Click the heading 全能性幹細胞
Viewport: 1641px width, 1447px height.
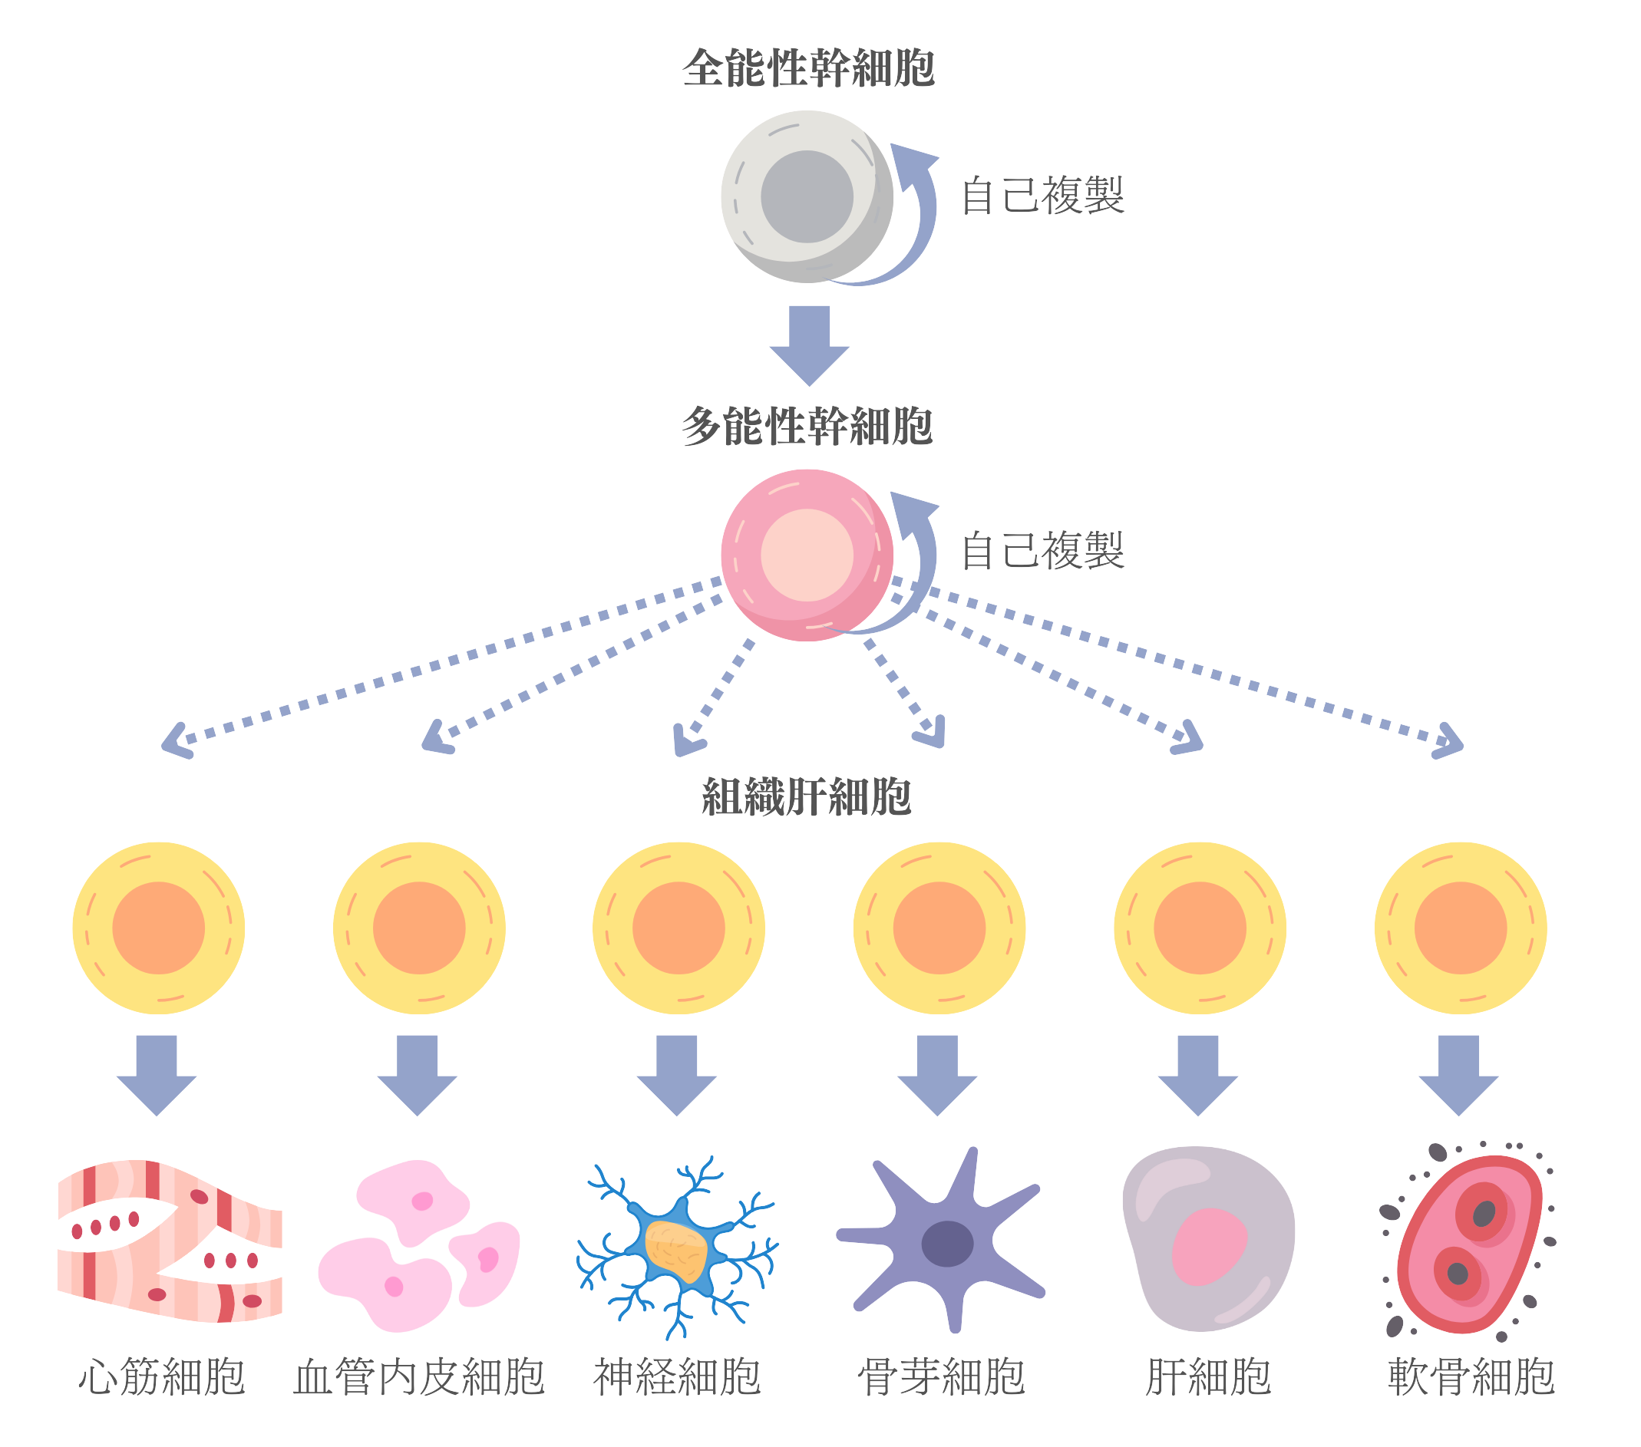tap(808, 68)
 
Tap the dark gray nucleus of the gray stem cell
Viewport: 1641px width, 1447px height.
tap(807, 196)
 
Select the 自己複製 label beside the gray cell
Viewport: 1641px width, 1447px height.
tap(1043, 195)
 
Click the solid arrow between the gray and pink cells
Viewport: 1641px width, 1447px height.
tap(809, 345)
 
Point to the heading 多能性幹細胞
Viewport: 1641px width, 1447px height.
tap(807, 425)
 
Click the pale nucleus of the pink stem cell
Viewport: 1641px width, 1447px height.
tap(807, 555)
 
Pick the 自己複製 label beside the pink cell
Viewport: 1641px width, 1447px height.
tap(1043, 551)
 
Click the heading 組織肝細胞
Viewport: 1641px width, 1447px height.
tap(807, 797)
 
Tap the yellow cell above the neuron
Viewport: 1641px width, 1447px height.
tap(679, 928)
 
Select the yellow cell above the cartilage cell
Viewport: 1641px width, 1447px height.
tap(1461, 928)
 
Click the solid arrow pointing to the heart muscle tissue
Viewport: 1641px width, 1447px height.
tap(157, 1076)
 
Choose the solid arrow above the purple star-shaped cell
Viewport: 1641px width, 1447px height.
tap(937, 1076)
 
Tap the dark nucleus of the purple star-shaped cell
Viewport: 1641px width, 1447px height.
tap(947, 1243)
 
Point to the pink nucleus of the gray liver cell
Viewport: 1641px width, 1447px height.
tap(1209, 1248)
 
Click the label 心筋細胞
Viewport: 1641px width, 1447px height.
tap(161, 1377)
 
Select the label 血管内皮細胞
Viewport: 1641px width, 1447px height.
tap(419, 1377)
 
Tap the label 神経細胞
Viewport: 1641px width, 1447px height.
tap(678, 1377)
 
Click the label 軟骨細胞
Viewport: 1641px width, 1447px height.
tap(1471, 1377)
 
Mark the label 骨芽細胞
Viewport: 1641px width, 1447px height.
tap(942, 1377)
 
